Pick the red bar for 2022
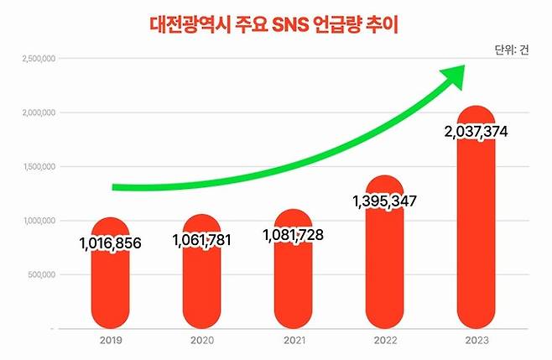(x=385, y=269)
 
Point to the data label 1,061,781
(x=201, y=240)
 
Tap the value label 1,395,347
(x=385, y=201)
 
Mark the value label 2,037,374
(x=476, y=132)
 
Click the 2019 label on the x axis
(x=110, y=341)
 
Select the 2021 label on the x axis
(x=293, y=341)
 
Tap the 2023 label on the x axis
(x=476, y=341)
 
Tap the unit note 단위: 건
(x=512, y=50)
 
